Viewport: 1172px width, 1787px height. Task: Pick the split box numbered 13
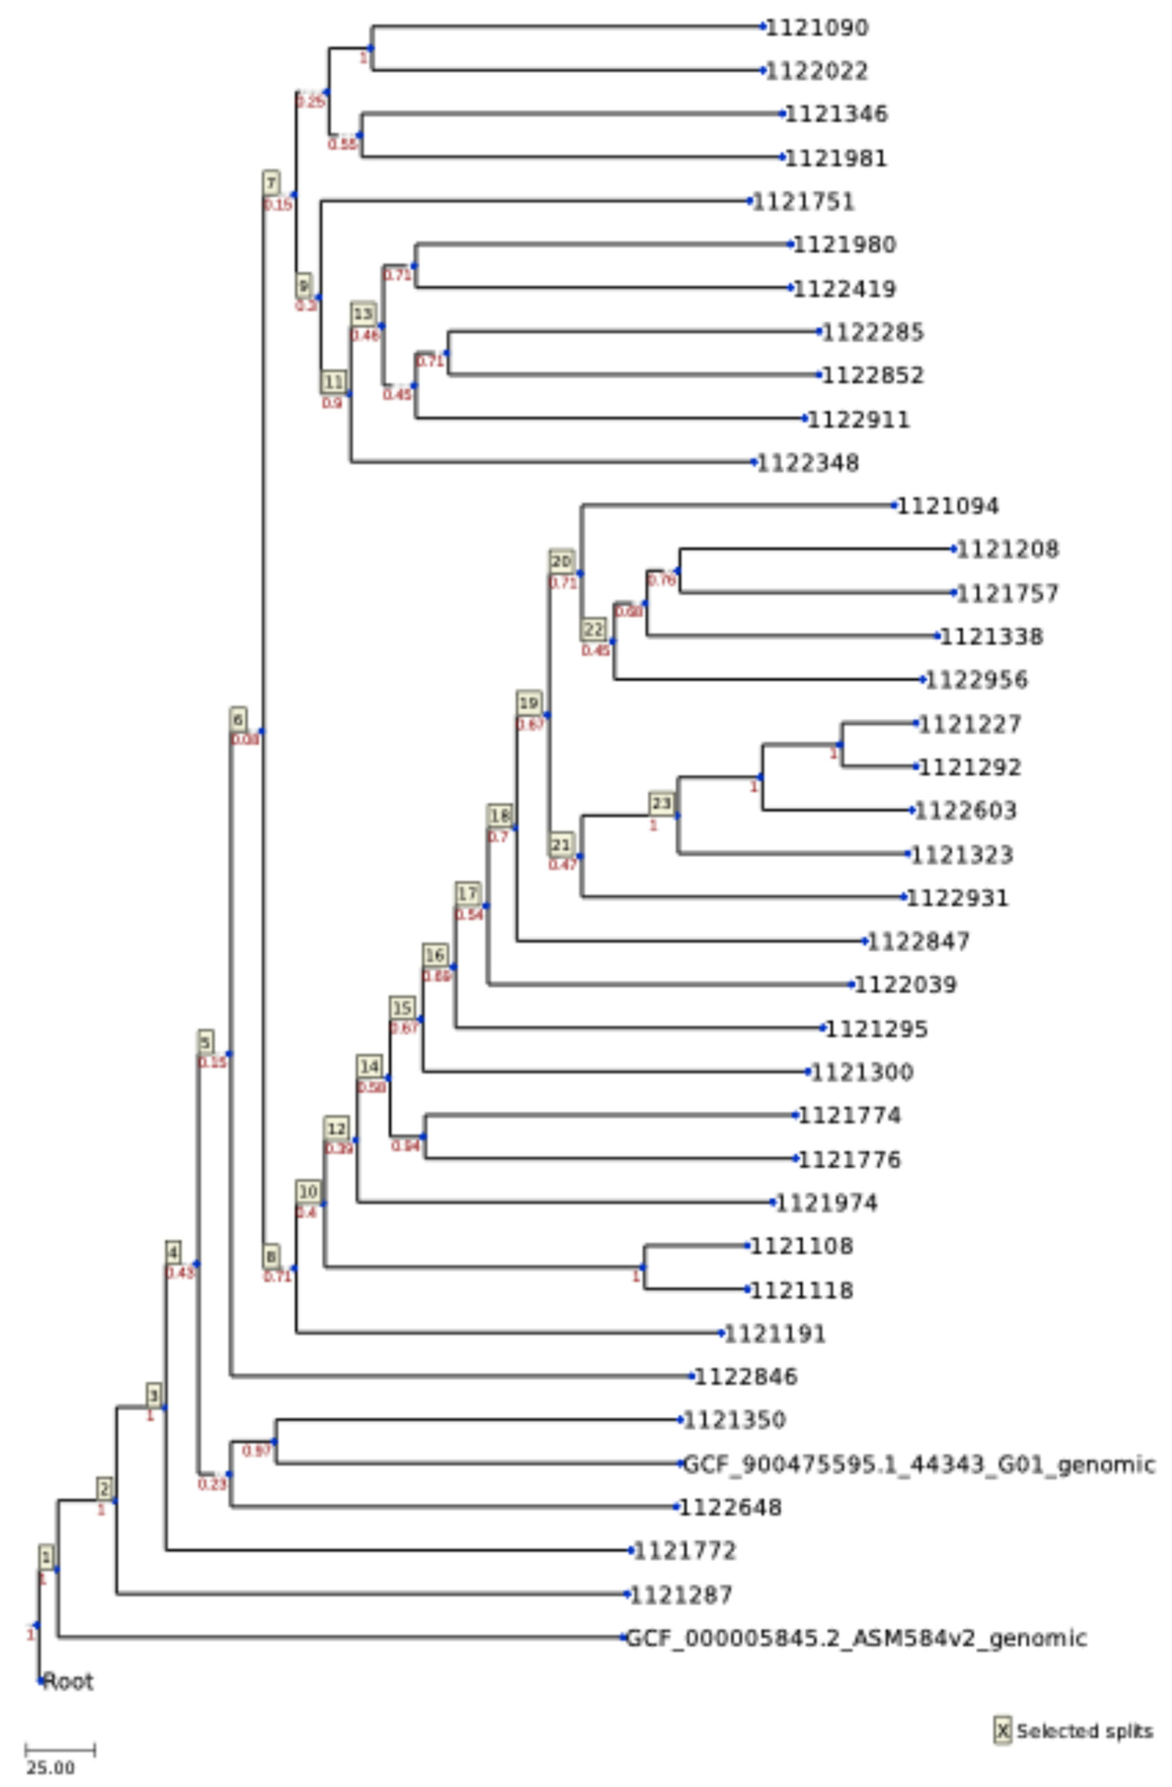(x=363, y=314)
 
